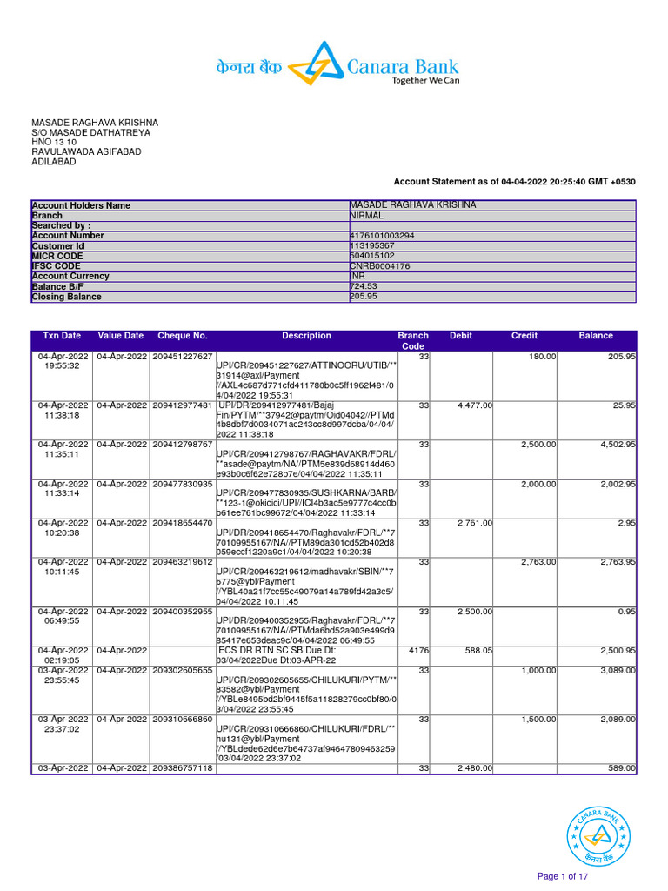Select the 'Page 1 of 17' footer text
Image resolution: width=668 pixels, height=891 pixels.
coord(563,876)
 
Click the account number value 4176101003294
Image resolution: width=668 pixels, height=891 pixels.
coord(382,236)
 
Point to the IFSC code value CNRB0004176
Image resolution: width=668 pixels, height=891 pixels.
coord(379,266)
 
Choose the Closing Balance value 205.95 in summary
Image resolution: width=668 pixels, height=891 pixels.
coord(364,297)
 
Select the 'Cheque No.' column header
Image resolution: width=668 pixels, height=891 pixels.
coord(183,336)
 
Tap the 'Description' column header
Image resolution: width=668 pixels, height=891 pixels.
coord(306,336)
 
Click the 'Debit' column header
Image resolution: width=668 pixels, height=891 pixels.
coord(461,336)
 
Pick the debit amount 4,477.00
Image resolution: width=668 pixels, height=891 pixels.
coord(475,405)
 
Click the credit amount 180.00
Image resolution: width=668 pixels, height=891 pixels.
coord(543,357)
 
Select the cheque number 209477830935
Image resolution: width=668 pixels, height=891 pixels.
coord(183,484)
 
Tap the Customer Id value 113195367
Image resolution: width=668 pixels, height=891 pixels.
coord(372,246)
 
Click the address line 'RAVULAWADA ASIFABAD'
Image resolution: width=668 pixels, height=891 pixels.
coord(86,152)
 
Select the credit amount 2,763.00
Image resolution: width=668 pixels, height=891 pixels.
coord(538,562)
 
